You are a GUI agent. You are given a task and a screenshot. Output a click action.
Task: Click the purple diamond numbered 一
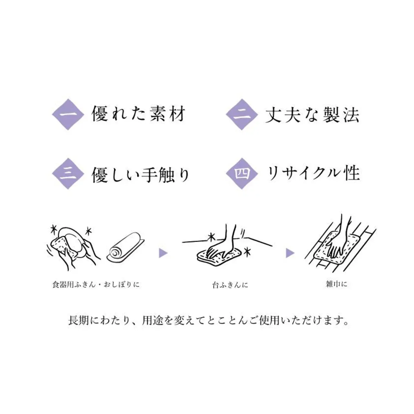[x=68, y=114]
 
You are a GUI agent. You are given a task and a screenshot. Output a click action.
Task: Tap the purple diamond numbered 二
[x=242, y=114]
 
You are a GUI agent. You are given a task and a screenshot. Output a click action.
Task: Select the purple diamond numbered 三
[x=68, y=173]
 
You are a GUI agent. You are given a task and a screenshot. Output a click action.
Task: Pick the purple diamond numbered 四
[x=242, y=173]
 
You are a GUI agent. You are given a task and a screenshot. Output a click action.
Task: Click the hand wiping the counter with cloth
[x=222, y=243]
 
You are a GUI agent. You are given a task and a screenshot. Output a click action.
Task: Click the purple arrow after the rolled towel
[x=163, y=253]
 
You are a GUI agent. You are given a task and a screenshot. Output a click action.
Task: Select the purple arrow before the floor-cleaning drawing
[x=290, y=253]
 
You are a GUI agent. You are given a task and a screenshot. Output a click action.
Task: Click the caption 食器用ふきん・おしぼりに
[x=96, y=285]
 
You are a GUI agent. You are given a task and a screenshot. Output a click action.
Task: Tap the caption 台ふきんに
[x=230, y=285]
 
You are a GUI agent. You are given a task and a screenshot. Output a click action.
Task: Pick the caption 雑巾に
[x=336, y=284]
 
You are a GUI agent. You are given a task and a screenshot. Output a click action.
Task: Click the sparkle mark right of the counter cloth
[x=248, y=252]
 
